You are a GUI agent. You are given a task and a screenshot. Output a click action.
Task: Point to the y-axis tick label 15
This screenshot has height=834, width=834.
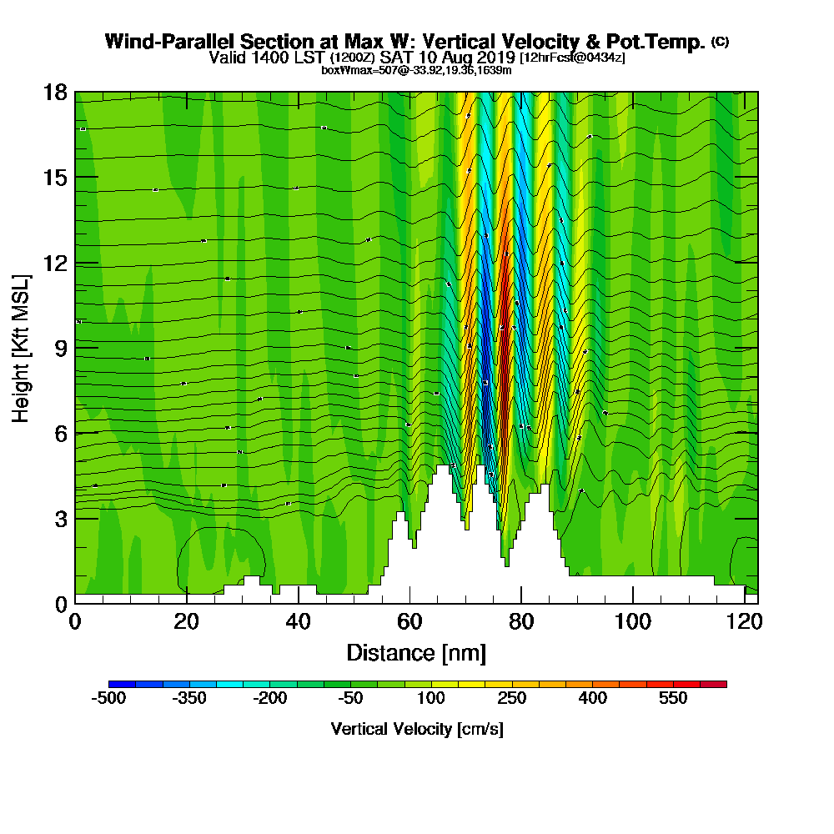click(x=54, y=178)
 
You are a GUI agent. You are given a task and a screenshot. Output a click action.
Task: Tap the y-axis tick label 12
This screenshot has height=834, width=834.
click(x=54, y=264)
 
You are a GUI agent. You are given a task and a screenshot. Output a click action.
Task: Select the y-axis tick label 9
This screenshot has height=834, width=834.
click(x=59, y=349)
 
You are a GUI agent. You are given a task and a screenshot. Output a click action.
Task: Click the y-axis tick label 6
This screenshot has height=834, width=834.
click(x=59, y=434)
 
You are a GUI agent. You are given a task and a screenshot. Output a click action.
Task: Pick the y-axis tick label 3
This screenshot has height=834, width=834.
click(x=59, y=519)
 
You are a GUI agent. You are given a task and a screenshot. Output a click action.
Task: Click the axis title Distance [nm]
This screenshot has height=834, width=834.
click(x=416, y=652)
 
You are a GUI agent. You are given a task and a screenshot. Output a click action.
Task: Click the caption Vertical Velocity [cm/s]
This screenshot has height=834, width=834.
click(x=417, y=729)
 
